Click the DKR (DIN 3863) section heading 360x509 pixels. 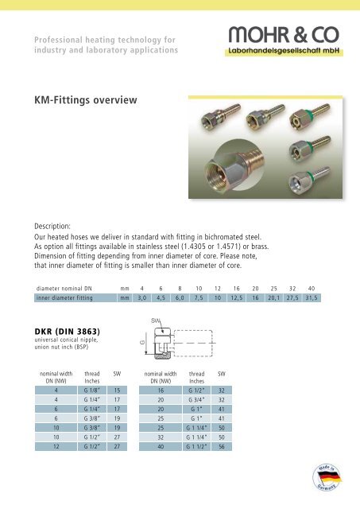69,331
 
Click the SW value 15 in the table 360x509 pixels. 118,391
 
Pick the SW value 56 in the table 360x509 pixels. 222,447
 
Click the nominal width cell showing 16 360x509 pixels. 161,391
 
